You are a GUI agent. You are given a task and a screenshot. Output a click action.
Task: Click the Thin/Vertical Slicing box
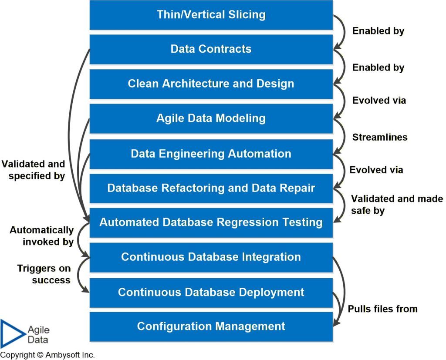pos(211,15)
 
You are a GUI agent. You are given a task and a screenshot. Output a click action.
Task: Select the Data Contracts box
pos(211,49)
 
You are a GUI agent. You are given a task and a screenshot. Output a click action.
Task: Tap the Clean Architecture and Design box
pos(211,84)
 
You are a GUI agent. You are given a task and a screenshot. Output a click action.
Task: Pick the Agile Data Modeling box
pos(211,118)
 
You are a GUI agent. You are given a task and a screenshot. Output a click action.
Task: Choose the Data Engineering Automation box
pos(211,154)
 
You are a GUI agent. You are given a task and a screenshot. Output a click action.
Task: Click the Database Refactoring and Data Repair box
pos(211,188)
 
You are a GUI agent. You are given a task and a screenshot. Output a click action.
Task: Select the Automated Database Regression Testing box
pos(211,222)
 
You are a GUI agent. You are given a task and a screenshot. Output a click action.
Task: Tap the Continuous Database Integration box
pos(211,257)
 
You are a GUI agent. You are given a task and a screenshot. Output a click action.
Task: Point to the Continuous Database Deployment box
pos(211,292)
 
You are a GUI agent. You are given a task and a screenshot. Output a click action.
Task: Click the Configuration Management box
pos(211,326)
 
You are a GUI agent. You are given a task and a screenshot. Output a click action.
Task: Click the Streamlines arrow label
pos(380,138)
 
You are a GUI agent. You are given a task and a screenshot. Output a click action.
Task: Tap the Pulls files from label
pos(382,309)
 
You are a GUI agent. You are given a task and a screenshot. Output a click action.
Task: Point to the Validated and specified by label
pos(34,170)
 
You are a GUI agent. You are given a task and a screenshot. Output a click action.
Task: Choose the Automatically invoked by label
pos(42,236)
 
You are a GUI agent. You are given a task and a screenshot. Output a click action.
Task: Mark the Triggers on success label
pos(44,274)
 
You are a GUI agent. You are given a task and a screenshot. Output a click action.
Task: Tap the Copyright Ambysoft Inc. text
pos(47,355)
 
